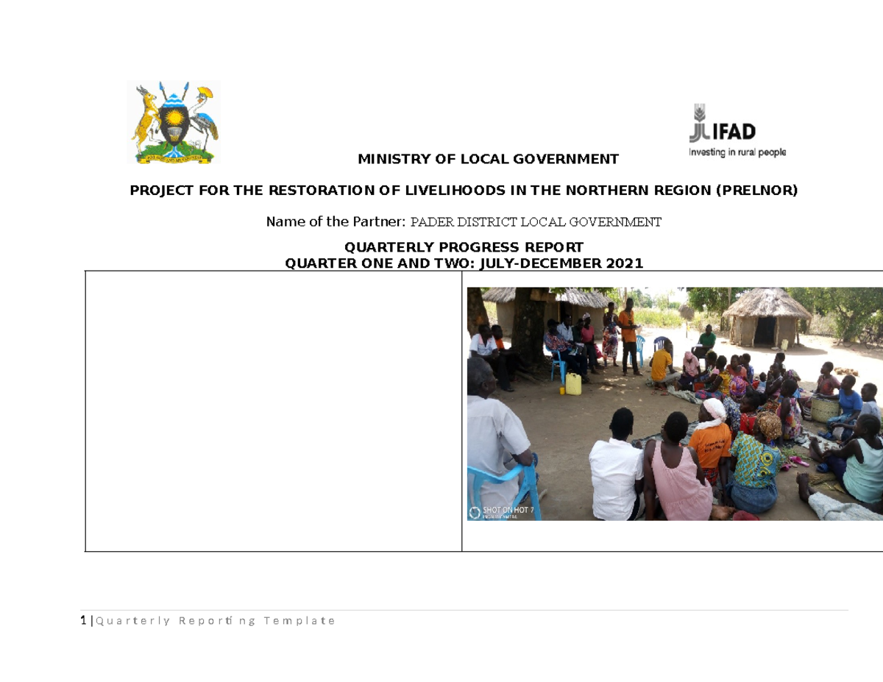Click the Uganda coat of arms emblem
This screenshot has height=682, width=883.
click(x=174, y=122)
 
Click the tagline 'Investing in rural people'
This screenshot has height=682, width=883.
click(x=737, y=152)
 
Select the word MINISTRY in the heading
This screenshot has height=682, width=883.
click(x=390, y=159)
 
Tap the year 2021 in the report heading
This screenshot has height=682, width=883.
click(x=625, y=263)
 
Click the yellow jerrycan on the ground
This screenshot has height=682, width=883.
click(x=573, y=383)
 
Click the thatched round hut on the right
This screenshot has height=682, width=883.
click(x=766, y=316)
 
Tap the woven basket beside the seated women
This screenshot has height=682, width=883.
click(x=825, y=408)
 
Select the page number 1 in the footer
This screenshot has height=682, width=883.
click(x=83, y=621)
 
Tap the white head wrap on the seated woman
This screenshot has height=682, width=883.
click(x=714, y=409)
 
